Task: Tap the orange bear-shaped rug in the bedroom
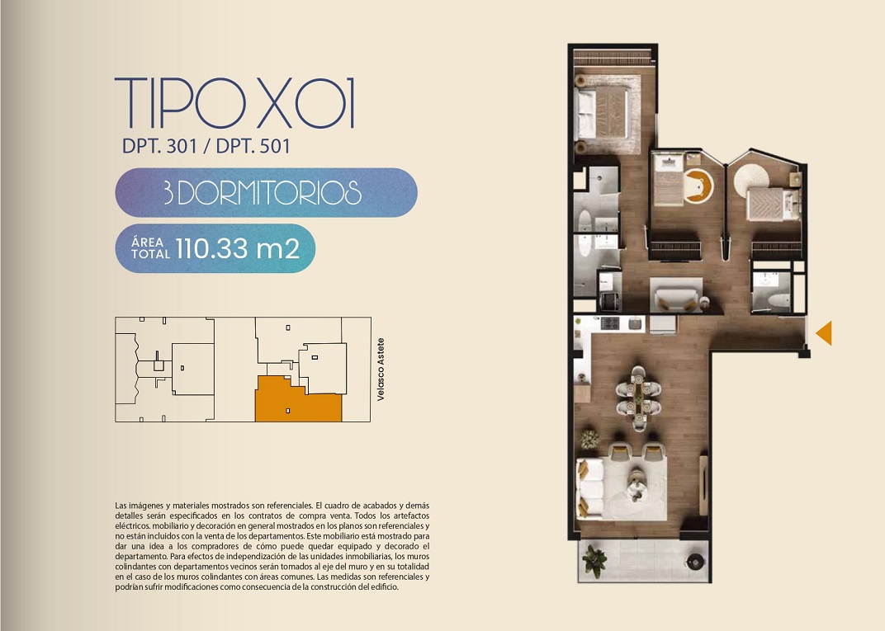pos(699,186)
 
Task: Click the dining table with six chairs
pos(638,398)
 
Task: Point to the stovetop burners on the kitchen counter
pos(610,323)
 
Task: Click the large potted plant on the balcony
pos(594,561)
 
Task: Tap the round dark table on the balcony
pos(694,561)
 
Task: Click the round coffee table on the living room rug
pos(636,486)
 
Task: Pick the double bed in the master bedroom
pos(601,114)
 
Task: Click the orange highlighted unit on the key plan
pos(297,399)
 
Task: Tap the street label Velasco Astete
pos(381,370)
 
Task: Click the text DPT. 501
pos(253,147)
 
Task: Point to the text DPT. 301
pos(159,147)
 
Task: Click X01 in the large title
pos(306,102)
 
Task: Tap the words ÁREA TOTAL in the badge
pos(150,248)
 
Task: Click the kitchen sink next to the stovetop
pos(636,323)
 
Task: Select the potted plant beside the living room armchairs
pos(589,440)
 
